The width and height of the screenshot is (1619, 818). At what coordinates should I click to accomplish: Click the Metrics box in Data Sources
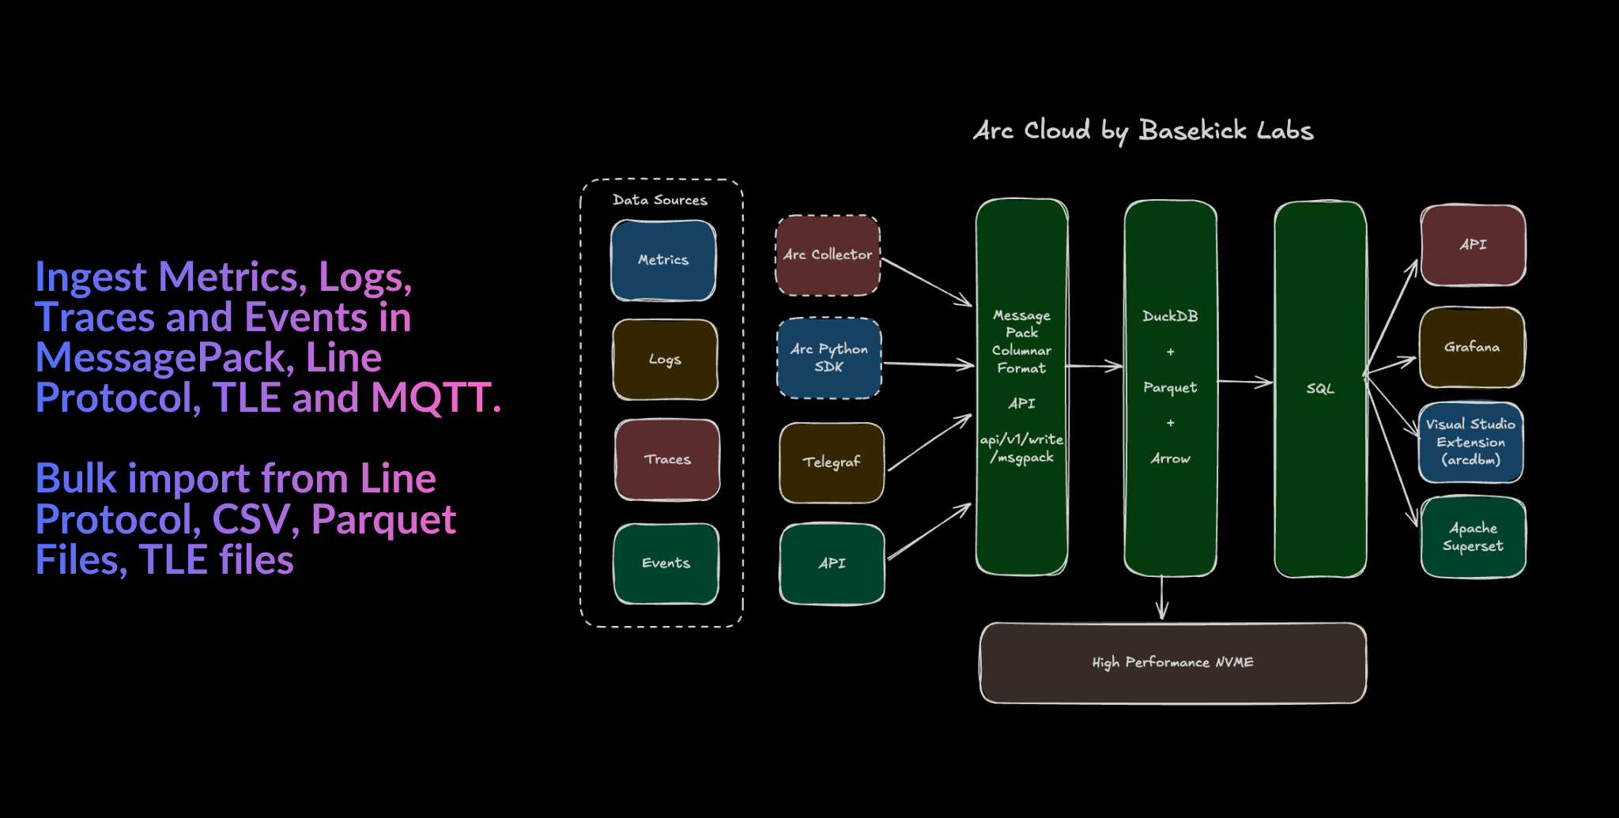[x=663, y=260]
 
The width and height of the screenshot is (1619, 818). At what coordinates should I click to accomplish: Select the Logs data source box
[x=665, y=360]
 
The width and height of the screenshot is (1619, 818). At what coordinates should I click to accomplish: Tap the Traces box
[x=667, y=459]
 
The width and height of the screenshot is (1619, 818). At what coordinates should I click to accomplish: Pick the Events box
[x=666, y=563]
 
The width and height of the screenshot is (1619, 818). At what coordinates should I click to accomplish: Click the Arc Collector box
[x=828, y=254]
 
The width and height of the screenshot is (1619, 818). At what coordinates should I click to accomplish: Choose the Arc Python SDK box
[x=828, y=358]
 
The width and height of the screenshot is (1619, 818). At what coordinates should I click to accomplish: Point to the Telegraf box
[x=832, y=462]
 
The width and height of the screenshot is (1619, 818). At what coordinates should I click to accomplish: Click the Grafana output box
[x=1472, y=347]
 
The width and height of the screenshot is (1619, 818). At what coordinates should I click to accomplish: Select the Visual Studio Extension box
[x=1470, y=442]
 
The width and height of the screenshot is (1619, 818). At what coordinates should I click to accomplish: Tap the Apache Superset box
[x=1473, y=537]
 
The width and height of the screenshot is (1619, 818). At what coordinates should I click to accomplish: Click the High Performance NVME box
[x=1172, y=662]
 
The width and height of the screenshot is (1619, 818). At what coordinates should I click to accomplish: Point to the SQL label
[x=1320, y=389]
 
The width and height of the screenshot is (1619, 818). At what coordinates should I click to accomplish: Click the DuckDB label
[x=1170, y=316]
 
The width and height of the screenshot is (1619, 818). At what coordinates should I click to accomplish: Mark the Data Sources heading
[x=660, y=200]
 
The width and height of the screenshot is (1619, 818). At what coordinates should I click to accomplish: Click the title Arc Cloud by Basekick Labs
[x=1143, y=130]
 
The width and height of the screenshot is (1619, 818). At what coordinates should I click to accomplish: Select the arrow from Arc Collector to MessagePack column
[x=926, y=281]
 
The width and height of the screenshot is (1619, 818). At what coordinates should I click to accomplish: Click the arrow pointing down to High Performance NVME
[x=1161, y=598]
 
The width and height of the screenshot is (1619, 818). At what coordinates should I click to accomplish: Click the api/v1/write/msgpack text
[x=1021, y=448]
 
